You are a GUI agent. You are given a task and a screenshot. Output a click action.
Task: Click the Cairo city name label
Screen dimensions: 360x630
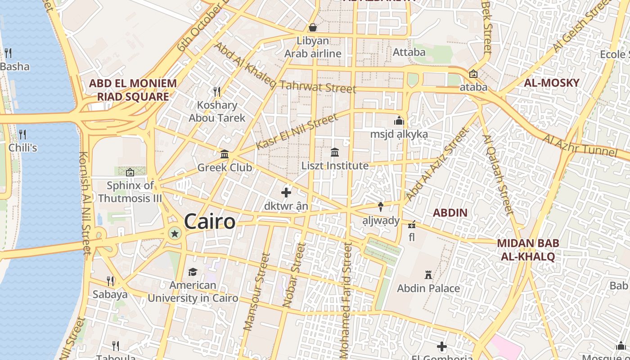pyautogui.click(x=209, y=221)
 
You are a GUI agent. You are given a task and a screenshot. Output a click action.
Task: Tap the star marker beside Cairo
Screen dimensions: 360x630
pyautogui.click(x=175, y=233)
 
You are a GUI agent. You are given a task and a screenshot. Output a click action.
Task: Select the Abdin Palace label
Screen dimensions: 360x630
pyautogui.click(x=428, y=288)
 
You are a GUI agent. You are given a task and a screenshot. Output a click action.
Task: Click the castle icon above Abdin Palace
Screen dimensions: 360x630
pyautogui.click(x=428, y=274)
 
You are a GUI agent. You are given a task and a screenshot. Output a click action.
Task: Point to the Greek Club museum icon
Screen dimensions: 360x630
pyautogui.click(x=224, y=154)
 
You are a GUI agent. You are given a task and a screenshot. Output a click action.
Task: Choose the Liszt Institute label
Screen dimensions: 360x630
pyautogui.click(x=335, y=166)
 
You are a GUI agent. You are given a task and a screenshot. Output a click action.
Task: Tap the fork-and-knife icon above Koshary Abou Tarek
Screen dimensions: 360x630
pyautogui.click(x=217, y=92)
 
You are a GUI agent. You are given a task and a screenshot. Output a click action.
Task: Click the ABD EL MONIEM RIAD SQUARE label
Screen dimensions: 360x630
pyautogui.click(x=133, y=90)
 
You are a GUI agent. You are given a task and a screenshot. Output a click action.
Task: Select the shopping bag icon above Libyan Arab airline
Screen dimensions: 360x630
pyautogui.click(x=312, y=27)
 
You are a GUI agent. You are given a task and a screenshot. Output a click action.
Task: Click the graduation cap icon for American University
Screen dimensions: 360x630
pyautogui.click(x=193, y=272)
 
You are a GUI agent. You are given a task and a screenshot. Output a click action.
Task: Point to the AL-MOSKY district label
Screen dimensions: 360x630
pyautogui.click(x=551, y=83)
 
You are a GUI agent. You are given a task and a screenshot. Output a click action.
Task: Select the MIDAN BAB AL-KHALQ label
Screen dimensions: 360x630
pyautogui.click(x=528, y=250)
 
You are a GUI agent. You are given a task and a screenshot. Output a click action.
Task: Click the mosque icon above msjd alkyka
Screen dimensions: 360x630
pyautogui.click(x=399, y=121)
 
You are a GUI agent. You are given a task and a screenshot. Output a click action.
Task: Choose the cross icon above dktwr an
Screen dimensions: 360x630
pyautogui.click(x=286, y=193)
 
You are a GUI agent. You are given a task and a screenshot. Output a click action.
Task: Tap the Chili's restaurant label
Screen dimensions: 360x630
pyautogui.click(x=22, y=148)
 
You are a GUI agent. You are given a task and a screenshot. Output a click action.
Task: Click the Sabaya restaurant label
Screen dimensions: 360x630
pyautogui.click(x=110, y=295)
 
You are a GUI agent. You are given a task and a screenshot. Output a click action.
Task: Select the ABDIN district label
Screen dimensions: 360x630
pyautogui.click(x=450, y=212)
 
